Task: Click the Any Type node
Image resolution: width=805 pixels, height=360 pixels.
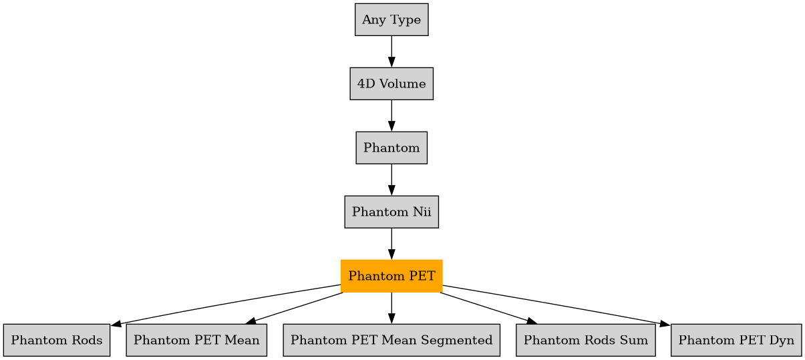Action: coord(391,20)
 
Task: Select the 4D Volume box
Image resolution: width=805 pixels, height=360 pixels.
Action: coord(391,84)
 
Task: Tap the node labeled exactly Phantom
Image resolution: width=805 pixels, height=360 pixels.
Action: coord(391,148)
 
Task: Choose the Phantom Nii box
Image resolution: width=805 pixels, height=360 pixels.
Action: coord(391,212)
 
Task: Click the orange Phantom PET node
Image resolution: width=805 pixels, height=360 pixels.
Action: coord(391,276)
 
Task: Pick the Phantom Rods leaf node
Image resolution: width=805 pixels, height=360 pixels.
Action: coord(56,340)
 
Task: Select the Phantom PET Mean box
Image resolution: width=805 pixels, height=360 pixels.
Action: coord(196,340)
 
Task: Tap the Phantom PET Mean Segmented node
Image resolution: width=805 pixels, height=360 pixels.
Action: coord(391,340)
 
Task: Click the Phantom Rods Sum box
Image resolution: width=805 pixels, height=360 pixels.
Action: coord(585,340)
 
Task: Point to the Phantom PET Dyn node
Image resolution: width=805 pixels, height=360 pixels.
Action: coord(736,340)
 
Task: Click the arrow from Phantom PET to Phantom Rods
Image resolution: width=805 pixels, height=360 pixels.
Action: coord(227,305)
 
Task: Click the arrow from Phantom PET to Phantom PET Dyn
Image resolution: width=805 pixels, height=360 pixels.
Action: coord(554,305)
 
